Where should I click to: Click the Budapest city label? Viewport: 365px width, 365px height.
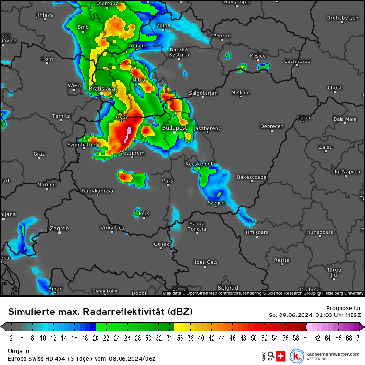175,128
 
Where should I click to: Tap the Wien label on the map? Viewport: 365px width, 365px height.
74,86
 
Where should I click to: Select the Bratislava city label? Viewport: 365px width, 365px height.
102,89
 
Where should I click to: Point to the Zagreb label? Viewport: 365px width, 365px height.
60,228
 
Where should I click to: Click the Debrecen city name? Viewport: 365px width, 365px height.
272,127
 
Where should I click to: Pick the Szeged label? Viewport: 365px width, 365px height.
216,203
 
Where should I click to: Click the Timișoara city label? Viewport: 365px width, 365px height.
256,232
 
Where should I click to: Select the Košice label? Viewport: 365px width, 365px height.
258,56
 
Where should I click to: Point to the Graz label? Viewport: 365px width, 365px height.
39,154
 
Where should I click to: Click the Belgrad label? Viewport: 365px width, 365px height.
228,288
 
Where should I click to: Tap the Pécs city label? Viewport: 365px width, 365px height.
144,213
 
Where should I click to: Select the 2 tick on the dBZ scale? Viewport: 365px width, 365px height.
11,338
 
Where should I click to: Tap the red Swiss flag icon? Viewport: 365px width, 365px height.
281,356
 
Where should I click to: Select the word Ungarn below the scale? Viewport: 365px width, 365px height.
19,351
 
